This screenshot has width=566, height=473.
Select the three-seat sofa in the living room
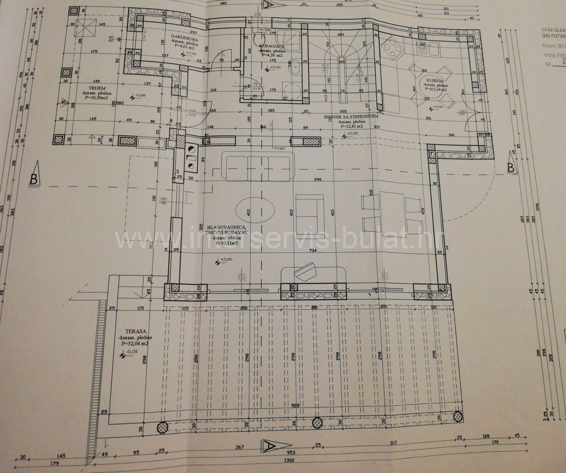(258, 168)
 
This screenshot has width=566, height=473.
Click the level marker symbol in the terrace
(123, 356)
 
